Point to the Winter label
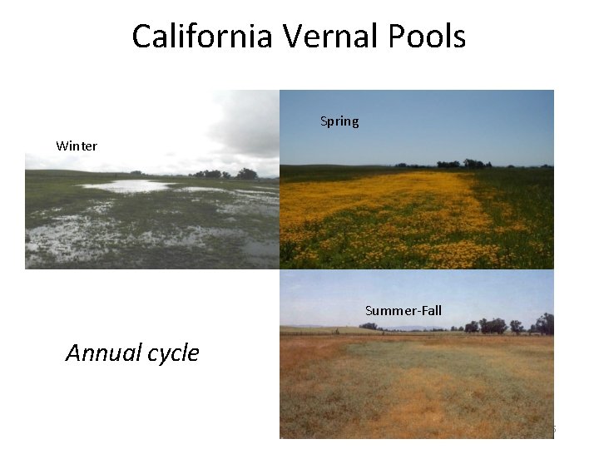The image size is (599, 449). coord(77,146)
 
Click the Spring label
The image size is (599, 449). coord(339,121)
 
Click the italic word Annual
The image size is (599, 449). coord(103,353)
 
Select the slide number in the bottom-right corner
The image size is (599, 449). coord(552,430)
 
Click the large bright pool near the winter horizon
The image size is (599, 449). coord(125,186)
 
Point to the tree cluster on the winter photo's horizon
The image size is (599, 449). coord(225,174)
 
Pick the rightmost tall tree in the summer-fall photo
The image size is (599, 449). coord(546,323)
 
